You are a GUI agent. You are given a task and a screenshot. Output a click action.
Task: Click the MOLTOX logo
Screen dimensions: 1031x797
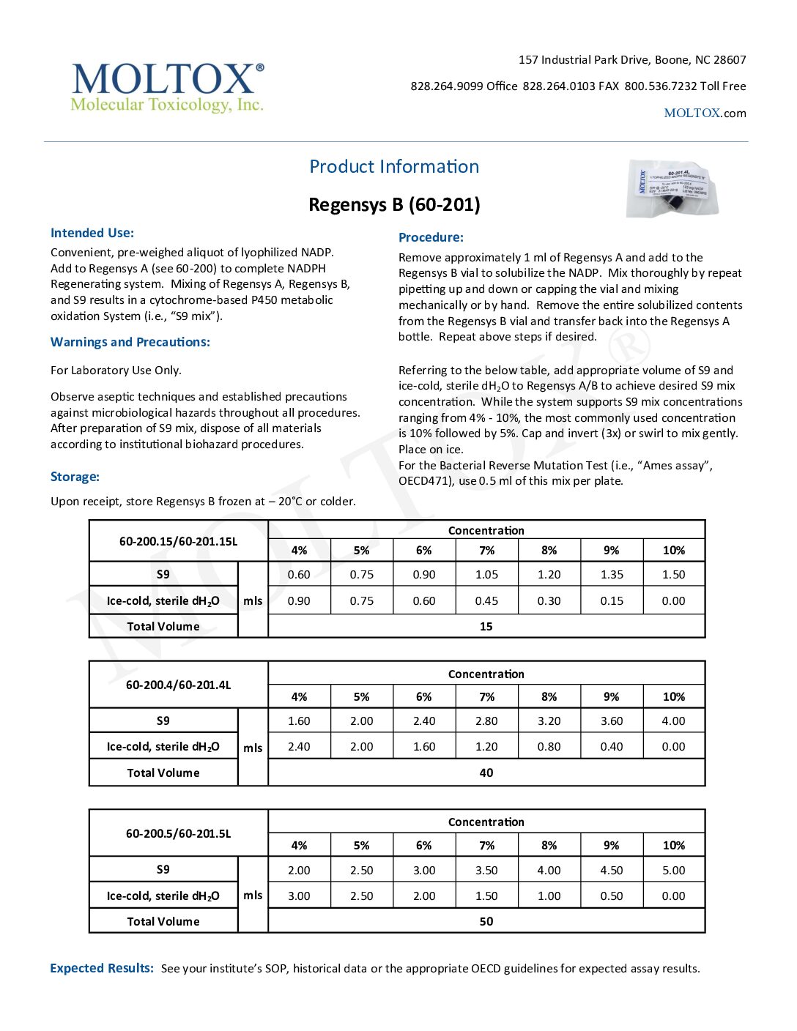[167, 87]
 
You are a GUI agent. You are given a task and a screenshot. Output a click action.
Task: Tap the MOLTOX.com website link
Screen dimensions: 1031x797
[705, 113]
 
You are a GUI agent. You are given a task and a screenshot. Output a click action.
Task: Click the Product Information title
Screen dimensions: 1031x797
[394, 166]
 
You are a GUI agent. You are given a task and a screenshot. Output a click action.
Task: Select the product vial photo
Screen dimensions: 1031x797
[672, 188]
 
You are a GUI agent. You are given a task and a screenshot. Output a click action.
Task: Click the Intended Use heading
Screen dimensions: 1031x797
[92, 233]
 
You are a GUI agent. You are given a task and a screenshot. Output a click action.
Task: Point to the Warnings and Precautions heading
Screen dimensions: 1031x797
[130, 342]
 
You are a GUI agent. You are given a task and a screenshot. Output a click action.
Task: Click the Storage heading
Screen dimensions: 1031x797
[75, 477]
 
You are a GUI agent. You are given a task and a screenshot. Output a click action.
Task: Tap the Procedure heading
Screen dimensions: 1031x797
[431, 237]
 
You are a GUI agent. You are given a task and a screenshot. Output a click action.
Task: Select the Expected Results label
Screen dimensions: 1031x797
[102, 968]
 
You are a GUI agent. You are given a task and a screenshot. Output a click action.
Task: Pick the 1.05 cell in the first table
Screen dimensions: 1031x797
[486, 575]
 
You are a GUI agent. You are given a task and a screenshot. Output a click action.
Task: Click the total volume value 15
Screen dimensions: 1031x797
[486, 627]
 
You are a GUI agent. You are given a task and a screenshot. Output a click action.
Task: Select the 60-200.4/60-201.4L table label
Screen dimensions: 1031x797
[178, 685]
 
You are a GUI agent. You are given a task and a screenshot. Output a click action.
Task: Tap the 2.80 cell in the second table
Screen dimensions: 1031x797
[486, 721]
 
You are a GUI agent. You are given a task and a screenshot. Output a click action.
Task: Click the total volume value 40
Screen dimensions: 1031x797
[486, 773]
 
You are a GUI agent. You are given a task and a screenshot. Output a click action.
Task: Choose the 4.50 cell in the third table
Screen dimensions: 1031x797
[612, 871]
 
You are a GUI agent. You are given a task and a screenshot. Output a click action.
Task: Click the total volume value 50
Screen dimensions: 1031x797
[486, 922]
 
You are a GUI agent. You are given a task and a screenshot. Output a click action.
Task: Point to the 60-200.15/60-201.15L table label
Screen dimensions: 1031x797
[178, 542]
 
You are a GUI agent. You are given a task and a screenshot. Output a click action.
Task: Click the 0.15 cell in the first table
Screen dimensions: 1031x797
[612, 601]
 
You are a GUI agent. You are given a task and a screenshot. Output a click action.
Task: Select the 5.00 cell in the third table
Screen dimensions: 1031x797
[674, 871]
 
